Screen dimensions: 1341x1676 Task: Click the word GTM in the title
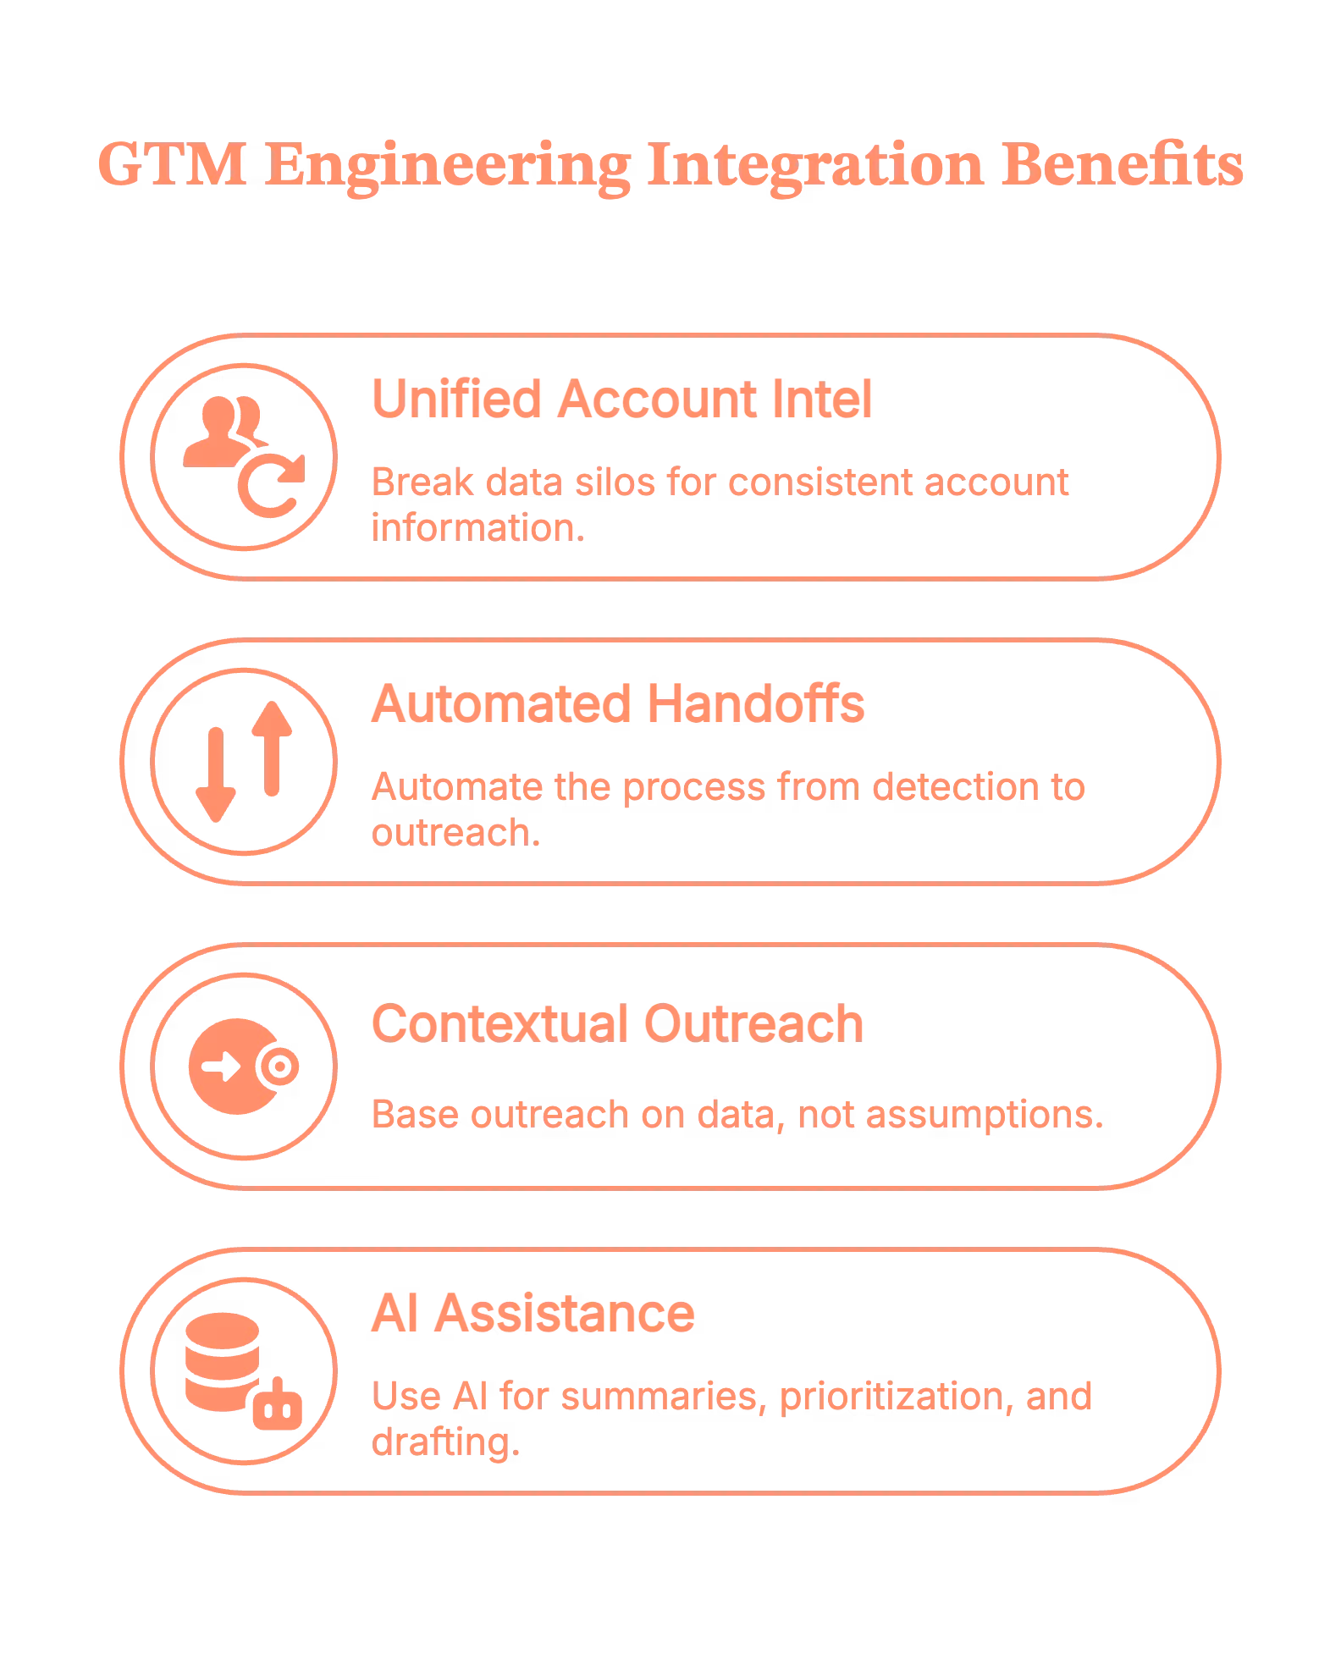[x=173, y=165]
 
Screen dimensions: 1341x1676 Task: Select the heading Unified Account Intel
[x=622, y=398]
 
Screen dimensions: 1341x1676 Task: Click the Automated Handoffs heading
[x=618, y=703]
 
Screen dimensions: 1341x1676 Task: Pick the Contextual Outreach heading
[x=618, y=1023]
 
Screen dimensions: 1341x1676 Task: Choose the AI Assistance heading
[x=533, y=1313]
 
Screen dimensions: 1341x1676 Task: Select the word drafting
[x=445, y=1440]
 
